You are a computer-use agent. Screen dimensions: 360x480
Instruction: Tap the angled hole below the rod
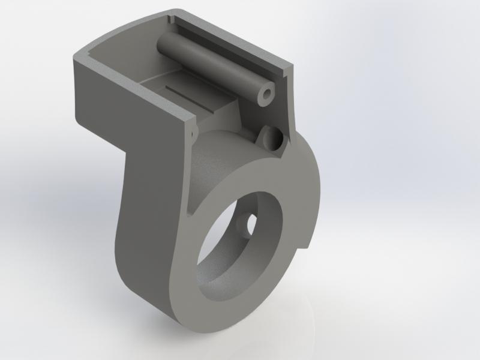271,137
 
